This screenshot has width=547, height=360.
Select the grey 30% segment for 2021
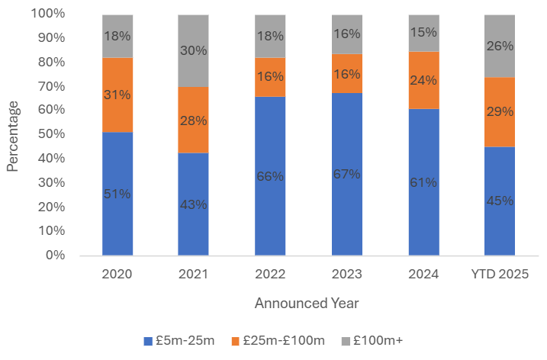tap(194, 50)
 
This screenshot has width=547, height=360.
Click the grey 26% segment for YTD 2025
tap(500, 46)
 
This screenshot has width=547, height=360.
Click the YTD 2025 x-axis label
tap(500, 274)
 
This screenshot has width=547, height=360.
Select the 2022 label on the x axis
tap(270, 274)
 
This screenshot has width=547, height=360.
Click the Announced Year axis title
tap(307, 303)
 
